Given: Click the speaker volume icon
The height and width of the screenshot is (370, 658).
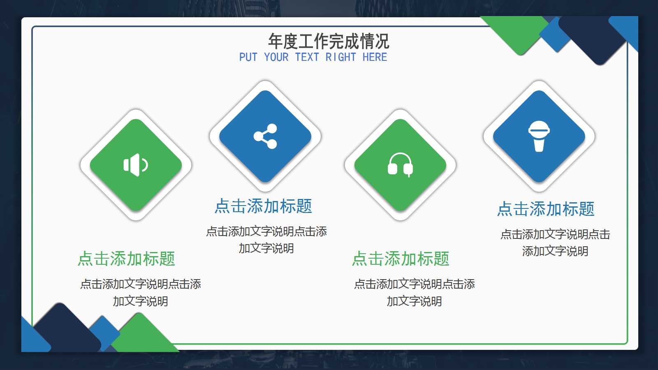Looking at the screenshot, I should (x=136, y=165).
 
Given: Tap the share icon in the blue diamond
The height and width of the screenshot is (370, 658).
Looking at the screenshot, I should (x=265, y=136).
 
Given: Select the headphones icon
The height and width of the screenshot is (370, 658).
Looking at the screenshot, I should (x=400, y=165).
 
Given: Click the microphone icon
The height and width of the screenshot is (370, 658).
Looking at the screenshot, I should (x=539, y=136).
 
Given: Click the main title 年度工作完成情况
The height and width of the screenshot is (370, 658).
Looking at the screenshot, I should (x=329, y=41).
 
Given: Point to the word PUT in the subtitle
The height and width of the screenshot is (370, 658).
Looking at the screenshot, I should (x=248, y=57).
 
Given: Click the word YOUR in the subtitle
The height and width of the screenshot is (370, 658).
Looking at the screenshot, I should (x=276, y=57).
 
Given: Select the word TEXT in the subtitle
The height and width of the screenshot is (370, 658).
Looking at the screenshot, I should (x=307, y=57).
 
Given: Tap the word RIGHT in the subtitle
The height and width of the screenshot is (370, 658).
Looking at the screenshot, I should (x=341, y=57).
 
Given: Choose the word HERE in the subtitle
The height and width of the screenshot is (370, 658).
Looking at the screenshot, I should (x=375, y=57).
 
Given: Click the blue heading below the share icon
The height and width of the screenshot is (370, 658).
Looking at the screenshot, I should (x=263, y=206).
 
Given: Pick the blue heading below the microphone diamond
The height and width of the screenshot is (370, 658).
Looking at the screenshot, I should (x=546, y=209).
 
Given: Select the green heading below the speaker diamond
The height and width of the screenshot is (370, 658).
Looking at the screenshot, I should (x=127, y=259).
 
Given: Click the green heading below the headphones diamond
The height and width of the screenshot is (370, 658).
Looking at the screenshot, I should (x=401, y=259).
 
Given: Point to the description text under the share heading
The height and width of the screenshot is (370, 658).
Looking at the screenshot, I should (x=266, y=240).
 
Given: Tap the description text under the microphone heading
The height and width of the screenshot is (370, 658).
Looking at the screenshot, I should (x=555, y=243).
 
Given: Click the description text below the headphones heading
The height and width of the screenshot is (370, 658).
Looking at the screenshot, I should (x=414, y=292).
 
